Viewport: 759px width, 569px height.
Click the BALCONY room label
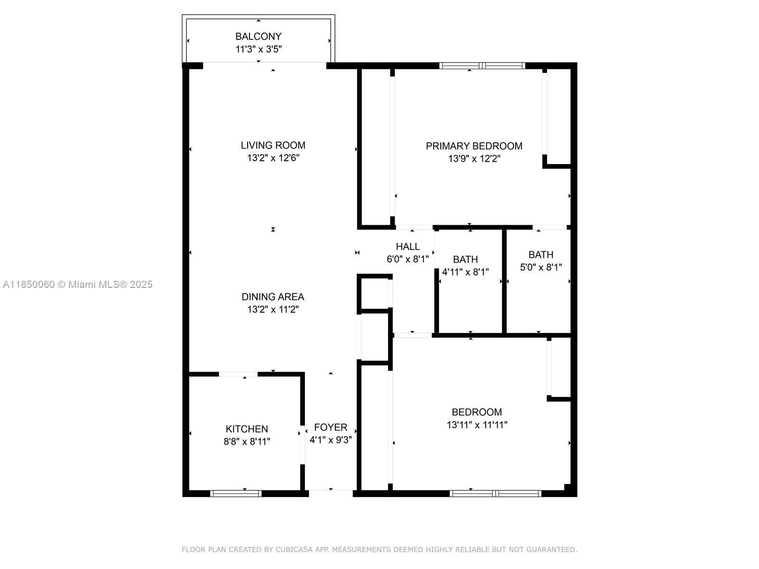click(x=259, y=37)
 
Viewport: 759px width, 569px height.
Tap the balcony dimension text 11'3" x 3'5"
click(x=259, y=49)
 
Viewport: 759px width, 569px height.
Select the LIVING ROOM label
click(x=273, y=145)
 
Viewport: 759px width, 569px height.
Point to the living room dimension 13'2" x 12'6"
click(x=273, y=158)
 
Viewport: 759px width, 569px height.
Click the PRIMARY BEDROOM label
click(x=474, y=146)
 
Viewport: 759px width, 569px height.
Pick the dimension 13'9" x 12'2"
click(x=474, y=158)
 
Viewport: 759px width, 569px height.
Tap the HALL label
click(x=407, y=246)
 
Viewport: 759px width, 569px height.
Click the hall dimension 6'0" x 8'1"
click(x=407, y=259)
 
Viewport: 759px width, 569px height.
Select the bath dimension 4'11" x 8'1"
click(x=465, y=272)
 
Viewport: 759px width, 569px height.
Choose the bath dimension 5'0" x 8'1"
click(x=541, y=267)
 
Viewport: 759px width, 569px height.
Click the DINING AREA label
click(x=273, y=296)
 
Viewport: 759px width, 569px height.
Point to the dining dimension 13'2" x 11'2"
click(x=273, y=309)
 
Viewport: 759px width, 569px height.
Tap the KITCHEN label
click(x=247, y=429)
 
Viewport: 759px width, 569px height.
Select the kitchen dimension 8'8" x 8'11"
click(x=247, y=441)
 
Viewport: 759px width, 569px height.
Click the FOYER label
click(x=331, y=427)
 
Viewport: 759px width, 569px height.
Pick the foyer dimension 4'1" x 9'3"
click(x=331, y=440)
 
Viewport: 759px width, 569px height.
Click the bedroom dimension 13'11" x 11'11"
click(x=477, y=424)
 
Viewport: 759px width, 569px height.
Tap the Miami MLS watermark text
click(x=77, y=284)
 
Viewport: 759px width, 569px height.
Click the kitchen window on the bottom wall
click(x=236, y=494)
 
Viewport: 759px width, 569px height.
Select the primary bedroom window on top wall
click(x=482, y=65)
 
